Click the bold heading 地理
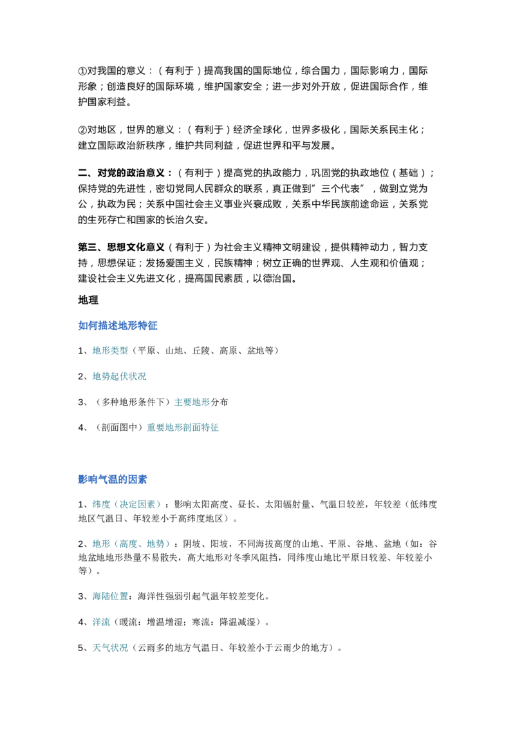(x=88, y=300)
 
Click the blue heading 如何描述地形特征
(x=118, y=325)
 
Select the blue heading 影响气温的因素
(x=113, y=479)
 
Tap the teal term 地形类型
(x=110, y=350)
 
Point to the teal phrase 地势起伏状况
(x=120, y=376)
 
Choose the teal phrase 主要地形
(x=192, y=402)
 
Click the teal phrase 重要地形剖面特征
(x=183, y=428)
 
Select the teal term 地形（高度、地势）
(x=133, y=544)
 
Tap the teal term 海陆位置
(x=110, y=596)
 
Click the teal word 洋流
(x=101, y=622)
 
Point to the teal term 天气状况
(x=110, y=648)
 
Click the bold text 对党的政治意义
(x=131, y=173)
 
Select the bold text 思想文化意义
(x=136, y=247)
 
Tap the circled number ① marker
(x=82, y=71)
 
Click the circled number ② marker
(x=82, y=129)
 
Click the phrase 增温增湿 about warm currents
(x=165, y=622)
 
